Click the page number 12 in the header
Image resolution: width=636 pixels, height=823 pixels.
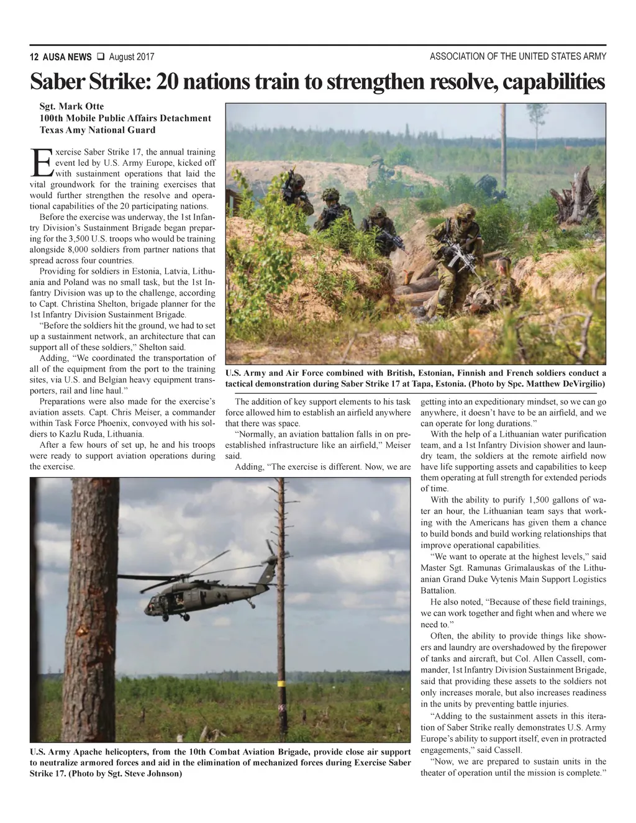(34, 57)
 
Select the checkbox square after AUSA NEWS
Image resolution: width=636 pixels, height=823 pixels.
(99, 57)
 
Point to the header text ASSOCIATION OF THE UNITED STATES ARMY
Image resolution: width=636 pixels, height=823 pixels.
(518, 57)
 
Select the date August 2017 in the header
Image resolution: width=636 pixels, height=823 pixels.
(132, 57)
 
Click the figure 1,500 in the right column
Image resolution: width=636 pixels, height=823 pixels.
(542, 500)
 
